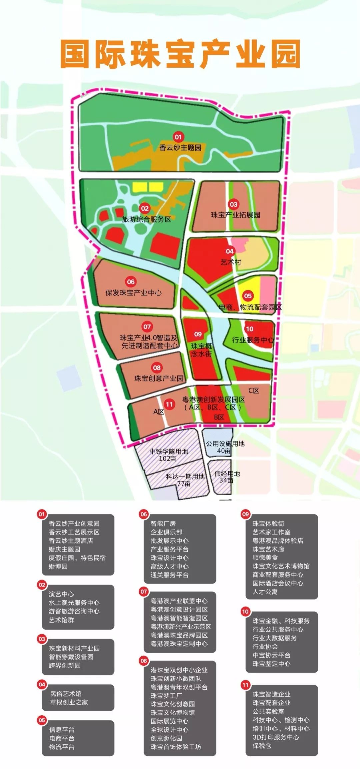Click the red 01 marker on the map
(178, 136)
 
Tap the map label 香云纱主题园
(180, 147)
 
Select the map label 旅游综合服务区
(146, 219)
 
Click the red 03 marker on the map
(233, 204)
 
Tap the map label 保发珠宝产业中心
(133, 293)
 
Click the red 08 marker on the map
(157, 367)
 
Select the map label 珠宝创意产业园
(159, 378)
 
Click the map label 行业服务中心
(253, 340)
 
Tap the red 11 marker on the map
(169, 405)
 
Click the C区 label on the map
(254, 391)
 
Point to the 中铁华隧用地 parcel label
(169, 451)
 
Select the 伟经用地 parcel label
(227, 474)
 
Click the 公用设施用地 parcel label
(225, 444)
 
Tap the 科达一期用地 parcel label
(185, 477)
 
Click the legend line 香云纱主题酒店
(71, 541)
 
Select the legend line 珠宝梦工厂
(166, 696)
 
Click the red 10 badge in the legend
(245, 611)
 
